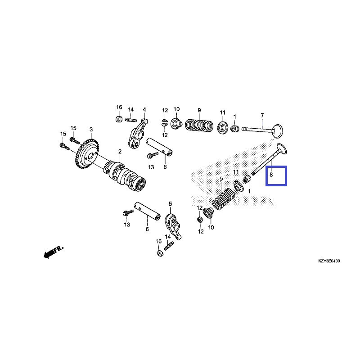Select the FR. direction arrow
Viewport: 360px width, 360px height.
[53, 252]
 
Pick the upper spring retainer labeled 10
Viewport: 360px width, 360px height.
[176, 122]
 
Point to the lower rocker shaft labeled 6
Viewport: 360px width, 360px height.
[148, 211]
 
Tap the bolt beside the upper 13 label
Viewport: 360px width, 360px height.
[152, 155]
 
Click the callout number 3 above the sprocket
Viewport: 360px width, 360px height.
[91, 130]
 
